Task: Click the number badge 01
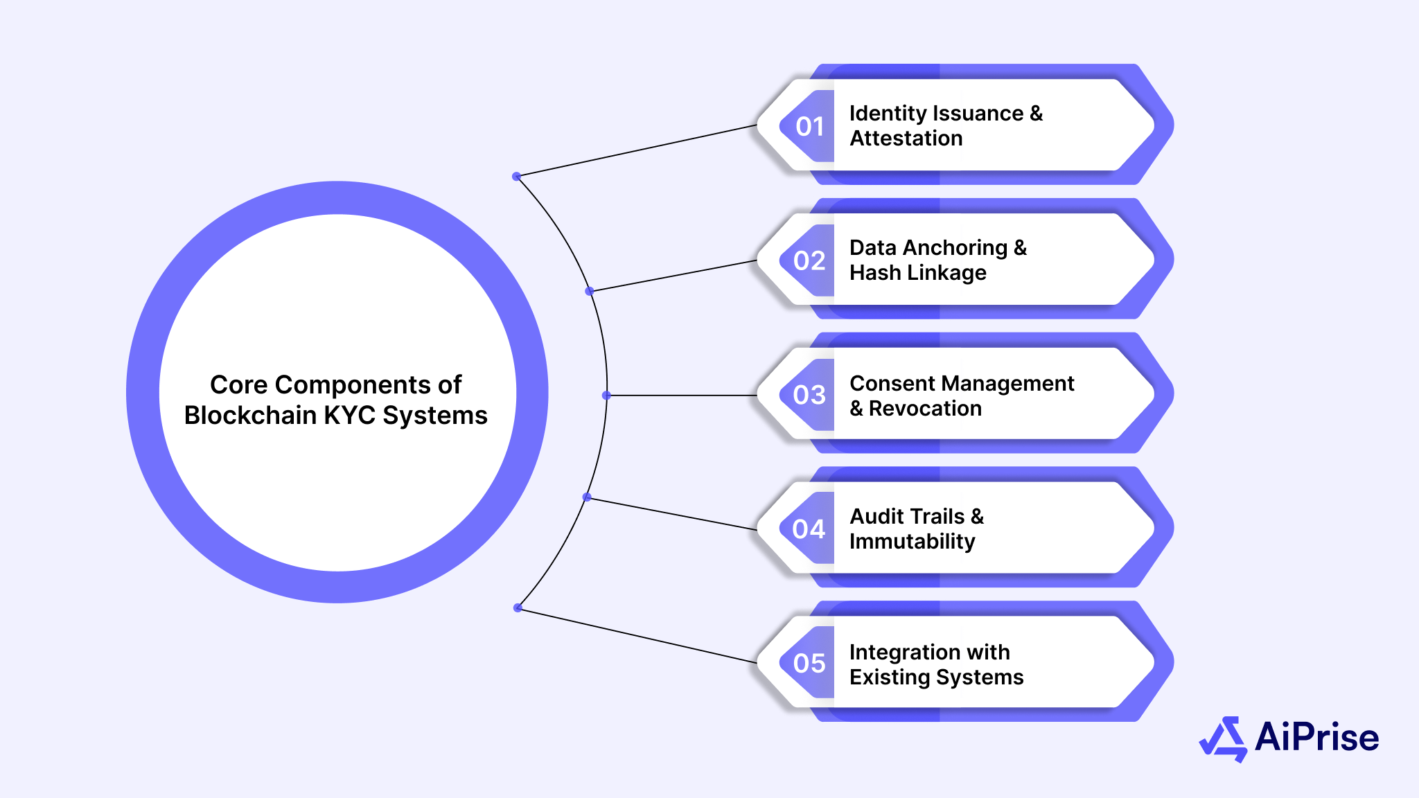click(809, 127)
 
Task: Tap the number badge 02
click(809, 261)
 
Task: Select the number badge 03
click(809, 395)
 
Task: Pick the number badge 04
click(809, 529)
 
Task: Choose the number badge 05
click(809, 664)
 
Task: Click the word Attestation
click(906, 139)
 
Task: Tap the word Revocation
click(925, 409)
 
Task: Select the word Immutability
click(913, 542)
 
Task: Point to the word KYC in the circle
click(350, 416)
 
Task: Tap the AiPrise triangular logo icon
click(1223, 738)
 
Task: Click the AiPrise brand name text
click(1316, 737)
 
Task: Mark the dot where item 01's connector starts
click(516, 177)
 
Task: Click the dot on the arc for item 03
click(606, 396)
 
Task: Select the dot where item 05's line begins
click(518, 608)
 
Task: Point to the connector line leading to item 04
click(672, 514)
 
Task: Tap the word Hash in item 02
click(874, 273)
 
